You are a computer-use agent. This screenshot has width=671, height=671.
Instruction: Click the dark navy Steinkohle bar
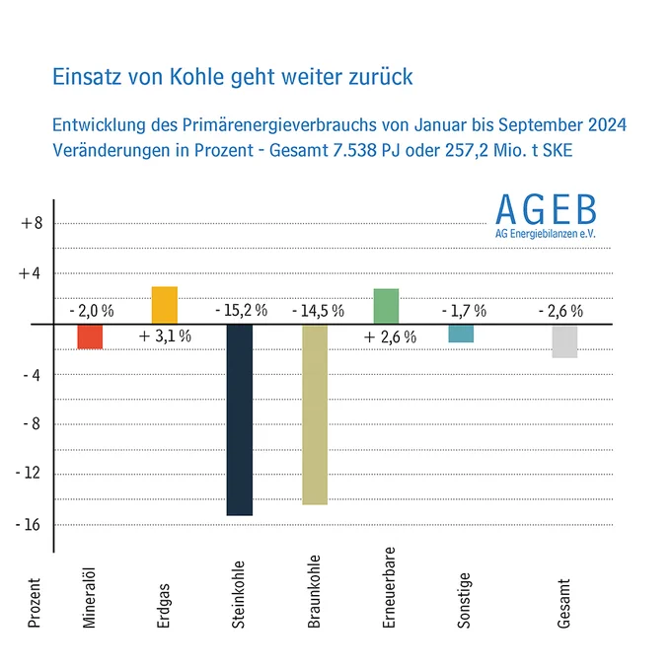tap(240, 419)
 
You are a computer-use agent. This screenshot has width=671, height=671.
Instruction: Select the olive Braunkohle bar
tap(315, 414)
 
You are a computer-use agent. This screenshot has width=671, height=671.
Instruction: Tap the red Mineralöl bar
tap(90, 336)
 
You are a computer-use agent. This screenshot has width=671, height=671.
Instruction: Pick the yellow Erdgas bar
tap(165, 305)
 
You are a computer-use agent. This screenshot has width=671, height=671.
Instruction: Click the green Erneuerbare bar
tap(387, 307)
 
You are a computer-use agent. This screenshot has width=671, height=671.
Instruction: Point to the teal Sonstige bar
tap(462, 334)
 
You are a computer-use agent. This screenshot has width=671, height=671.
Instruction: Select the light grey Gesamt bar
tap(564, 341)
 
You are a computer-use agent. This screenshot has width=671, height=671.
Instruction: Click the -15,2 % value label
tap(242, 310)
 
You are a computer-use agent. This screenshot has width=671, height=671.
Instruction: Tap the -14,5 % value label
tap(318, 311)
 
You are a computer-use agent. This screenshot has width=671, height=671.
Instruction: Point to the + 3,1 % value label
tap(165, 336)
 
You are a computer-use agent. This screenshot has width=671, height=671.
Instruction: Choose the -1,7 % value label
tap(465, 311)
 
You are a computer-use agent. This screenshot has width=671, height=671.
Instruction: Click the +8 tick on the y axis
tap(33, 223)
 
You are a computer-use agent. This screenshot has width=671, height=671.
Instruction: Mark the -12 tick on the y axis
tap(28, 473)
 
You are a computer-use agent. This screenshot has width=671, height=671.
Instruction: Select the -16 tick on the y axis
tap(28, 525)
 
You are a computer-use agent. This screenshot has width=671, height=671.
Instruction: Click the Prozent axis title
tap(34, 603)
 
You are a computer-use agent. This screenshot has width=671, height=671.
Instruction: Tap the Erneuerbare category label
tap(389, 587)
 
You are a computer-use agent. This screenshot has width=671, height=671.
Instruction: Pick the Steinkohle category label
tap(238, 595)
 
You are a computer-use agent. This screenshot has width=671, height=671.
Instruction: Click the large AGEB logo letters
tap(546, 209)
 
